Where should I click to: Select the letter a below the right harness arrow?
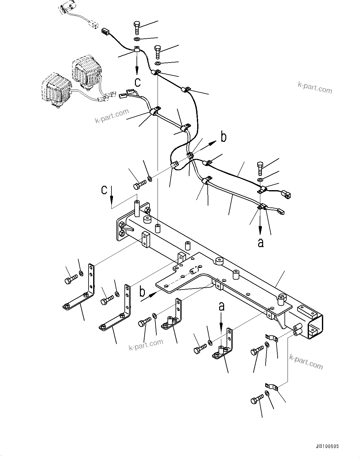(261, 242)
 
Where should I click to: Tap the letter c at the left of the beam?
(105, 190)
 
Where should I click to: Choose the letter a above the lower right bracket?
(221, 307)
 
